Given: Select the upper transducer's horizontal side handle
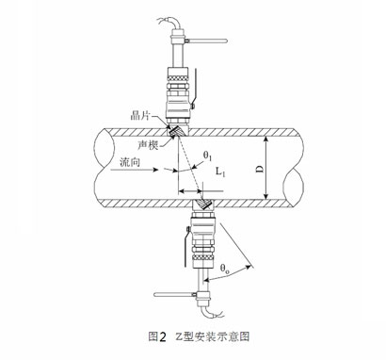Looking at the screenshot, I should [213, 41].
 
